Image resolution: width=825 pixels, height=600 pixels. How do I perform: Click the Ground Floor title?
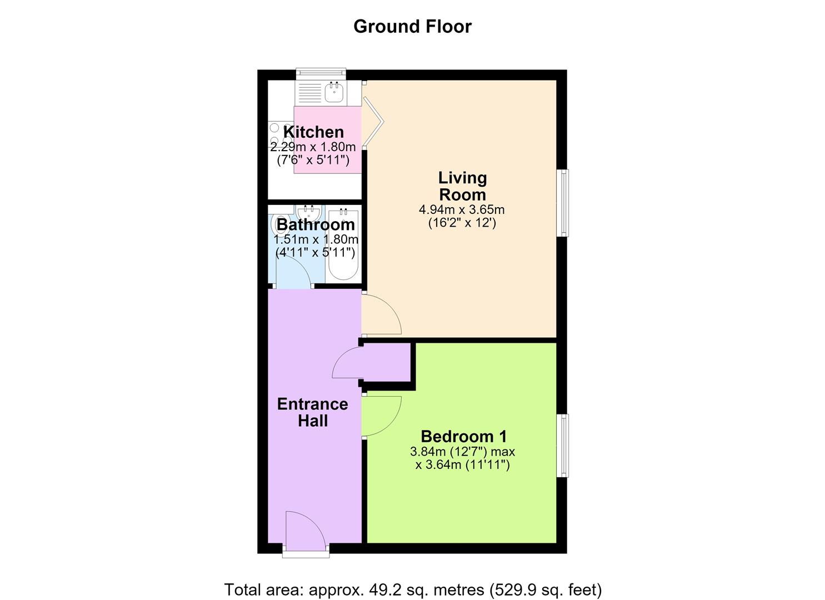[412, 27]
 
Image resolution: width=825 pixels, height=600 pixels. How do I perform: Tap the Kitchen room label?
[313, 132]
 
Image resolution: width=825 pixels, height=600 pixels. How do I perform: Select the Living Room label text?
[462, 186]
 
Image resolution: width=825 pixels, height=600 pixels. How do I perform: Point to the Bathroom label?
[315, 224]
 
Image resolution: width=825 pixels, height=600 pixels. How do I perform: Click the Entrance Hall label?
[312, 412]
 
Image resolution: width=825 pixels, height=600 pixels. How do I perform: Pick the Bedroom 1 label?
[464, 437]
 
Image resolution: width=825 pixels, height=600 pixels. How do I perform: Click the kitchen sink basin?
[334, 92]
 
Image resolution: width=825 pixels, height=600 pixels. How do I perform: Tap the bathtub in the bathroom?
[343, 244]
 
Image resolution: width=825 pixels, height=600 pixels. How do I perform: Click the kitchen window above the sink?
[321, 74]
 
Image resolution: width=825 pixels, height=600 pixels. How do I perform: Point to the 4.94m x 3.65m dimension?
[462, 209]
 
